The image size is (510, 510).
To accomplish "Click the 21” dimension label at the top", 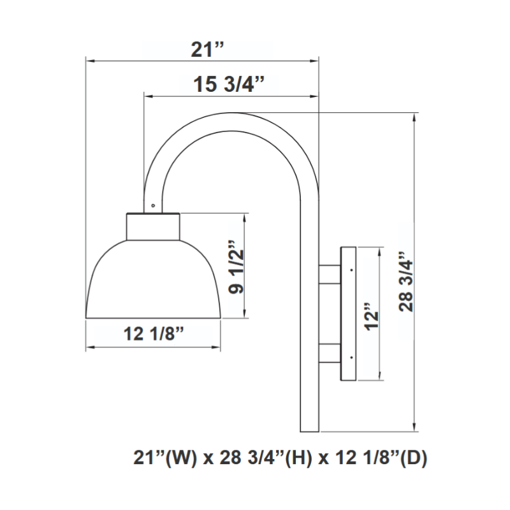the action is (207, 50).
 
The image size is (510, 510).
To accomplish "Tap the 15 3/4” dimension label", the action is (229, 84).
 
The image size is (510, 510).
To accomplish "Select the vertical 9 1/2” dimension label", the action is (236, 267).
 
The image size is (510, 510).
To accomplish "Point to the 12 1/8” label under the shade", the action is (154, 333).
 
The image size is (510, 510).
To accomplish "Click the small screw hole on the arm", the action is (153, 205).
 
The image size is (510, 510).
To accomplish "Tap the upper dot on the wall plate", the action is (352, 270).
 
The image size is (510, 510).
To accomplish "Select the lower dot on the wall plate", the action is (352, 358).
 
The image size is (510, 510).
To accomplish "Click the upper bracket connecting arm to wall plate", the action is (330, 275).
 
